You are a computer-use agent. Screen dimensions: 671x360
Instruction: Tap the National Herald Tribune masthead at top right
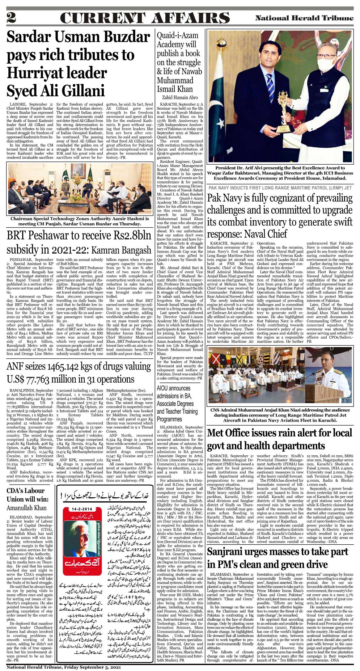(x=304, y=18)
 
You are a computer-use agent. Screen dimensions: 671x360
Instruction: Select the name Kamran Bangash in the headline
(x=121, y=250)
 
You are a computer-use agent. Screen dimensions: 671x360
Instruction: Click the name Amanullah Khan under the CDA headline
(x=27, y=507)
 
